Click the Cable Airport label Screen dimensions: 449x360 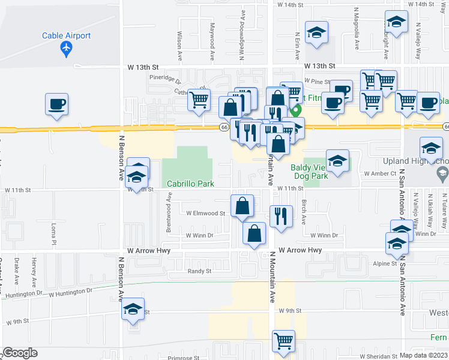pyautogui.click(x=66, y=35)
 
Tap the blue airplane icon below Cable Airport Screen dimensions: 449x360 pyautogui.click(x=67, y=49)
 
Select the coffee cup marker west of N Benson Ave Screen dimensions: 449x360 pyautogui.click(x=56, y=104)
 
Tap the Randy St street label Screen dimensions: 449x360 pyautogui.click(x=200, y=271)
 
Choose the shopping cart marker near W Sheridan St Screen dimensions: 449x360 pyautogui.click(x=283, y=341)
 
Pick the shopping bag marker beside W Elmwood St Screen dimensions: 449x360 pyautogui.click(x=242, y=206)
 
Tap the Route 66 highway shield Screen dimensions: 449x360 pyautogui.click(x=223, y=127)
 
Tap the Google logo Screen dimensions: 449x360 pyautogui.click(x=19, y=353)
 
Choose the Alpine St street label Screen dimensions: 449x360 pyautogui.click(x=385, y=263)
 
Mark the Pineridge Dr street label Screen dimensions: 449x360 pyautogui.click(x=165, y=78)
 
